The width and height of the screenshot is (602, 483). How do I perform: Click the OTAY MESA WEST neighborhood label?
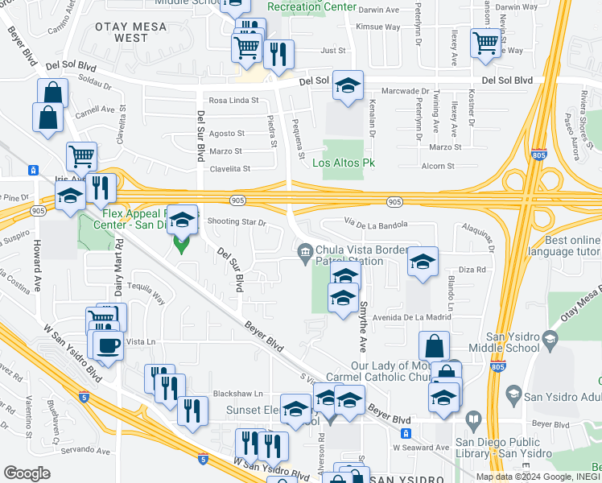(x=132, y=32)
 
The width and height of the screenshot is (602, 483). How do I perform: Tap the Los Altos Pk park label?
(x=344, y=163)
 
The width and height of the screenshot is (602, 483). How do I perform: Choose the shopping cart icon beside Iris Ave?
(x=81, y=156)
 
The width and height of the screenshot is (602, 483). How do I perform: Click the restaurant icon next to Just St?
(x=278, y=54)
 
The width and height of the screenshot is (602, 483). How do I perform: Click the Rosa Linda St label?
(x=233, y=101)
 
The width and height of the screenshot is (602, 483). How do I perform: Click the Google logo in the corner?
(x=27, y=473)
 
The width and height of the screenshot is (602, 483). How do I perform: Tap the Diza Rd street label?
(x=472, y=270)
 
